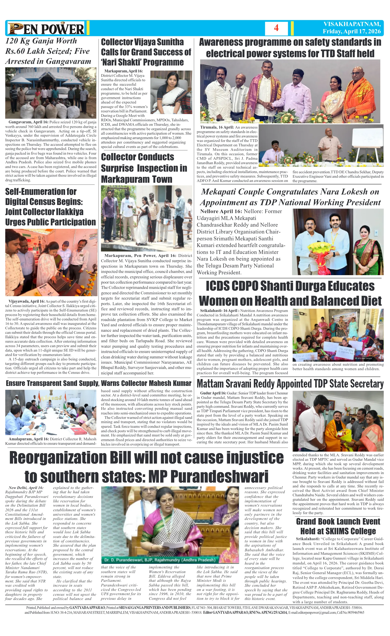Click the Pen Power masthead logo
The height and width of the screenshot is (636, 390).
coord(46,28)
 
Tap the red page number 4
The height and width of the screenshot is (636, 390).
coord(276,28)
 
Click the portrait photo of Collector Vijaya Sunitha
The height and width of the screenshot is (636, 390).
coord(171,92)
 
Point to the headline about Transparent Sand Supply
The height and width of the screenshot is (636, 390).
coord(99,383)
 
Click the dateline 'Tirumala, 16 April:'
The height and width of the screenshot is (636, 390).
coord(217,127)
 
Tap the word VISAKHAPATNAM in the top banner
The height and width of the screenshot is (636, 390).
coord(352,24)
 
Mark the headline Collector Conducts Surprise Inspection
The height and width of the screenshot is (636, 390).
coord(144,168)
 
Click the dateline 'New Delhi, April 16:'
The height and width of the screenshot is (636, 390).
coord(26,488)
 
